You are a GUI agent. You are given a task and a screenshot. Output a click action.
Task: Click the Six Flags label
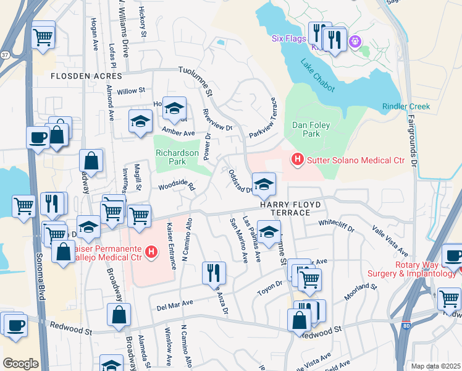[x=288, y=38]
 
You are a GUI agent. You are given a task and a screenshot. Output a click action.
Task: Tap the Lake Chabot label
[x=316, y=72]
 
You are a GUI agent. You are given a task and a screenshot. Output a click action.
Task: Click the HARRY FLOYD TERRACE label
[x=285, y=208]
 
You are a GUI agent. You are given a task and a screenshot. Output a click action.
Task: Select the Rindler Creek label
[x=406, y=106]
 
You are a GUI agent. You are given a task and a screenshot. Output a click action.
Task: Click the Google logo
[x=20, y=363]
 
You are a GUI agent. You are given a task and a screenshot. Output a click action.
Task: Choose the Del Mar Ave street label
[x=175, y=304]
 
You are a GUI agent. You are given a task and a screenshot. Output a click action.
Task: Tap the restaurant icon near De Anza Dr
[x=214, y=271]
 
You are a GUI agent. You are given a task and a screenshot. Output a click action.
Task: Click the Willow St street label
[x=130, y=90]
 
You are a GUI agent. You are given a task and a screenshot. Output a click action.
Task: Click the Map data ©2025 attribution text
[x=435, y=366]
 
